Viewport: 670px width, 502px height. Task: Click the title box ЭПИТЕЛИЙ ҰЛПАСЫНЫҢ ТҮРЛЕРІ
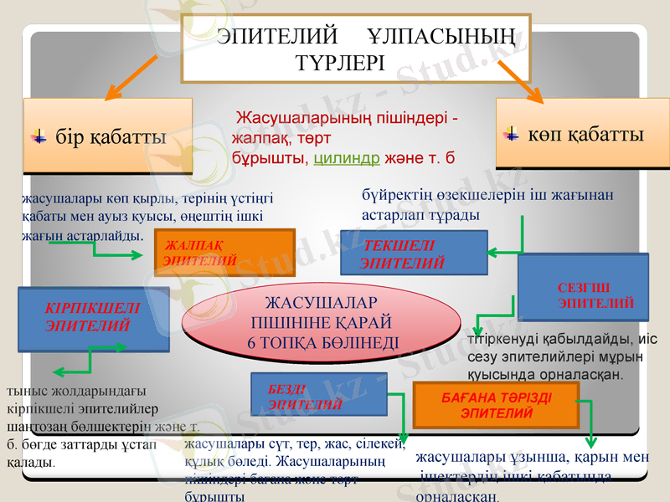356,48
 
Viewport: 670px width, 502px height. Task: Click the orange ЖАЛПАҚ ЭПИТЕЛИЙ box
224,253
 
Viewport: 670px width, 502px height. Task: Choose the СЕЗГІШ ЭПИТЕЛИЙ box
584,287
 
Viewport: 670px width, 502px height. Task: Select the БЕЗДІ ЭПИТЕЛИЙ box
318,396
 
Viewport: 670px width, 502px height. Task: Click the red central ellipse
322,321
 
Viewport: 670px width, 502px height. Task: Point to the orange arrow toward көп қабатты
514,79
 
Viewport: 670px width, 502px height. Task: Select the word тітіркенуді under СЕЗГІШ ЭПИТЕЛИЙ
498,341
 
